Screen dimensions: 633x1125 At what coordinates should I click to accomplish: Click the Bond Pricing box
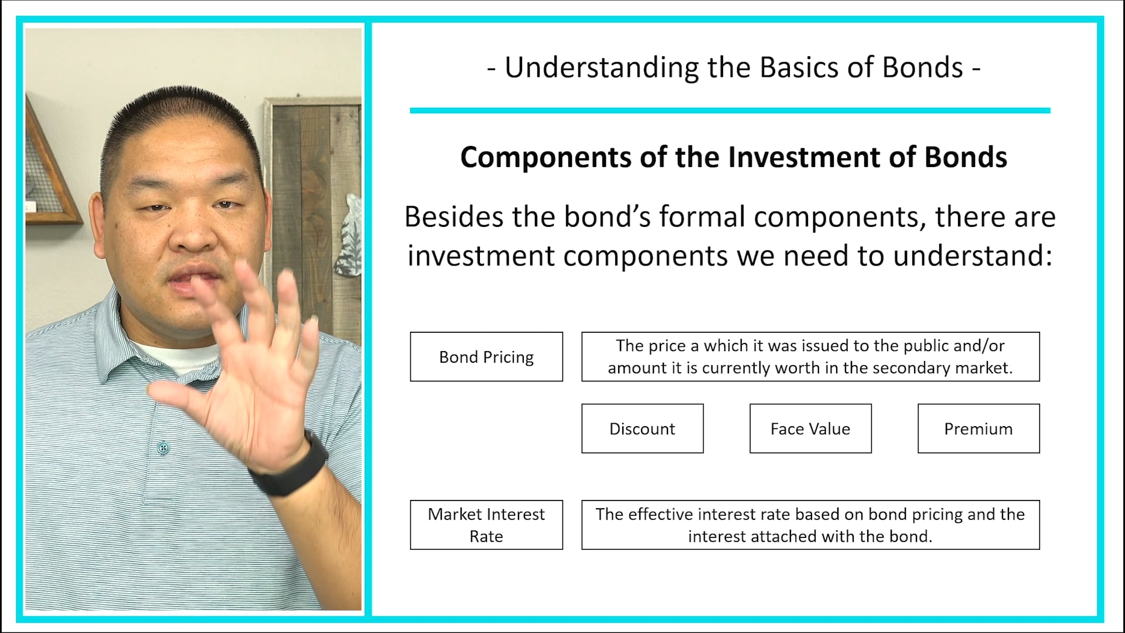(x=486, y=357)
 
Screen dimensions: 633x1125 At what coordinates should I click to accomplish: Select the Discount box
(x=642, y=428)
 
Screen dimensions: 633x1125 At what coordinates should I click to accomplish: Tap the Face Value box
(x=810, y=428)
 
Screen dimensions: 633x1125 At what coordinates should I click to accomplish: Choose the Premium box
(x=979, y=428)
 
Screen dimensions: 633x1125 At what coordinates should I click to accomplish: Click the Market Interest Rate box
(x=486, y=525)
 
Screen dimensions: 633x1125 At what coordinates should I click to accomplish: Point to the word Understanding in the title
(x=602, y=68)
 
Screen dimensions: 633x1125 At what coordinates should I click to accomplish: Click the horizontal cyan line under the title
(x=729, y=110)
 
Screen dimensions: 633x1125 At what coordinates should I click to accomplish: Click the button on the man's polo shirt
(x=163, y=448)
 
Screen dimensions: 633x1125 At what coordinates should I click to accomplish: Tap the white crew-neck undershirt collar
(x=170, y=352)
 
